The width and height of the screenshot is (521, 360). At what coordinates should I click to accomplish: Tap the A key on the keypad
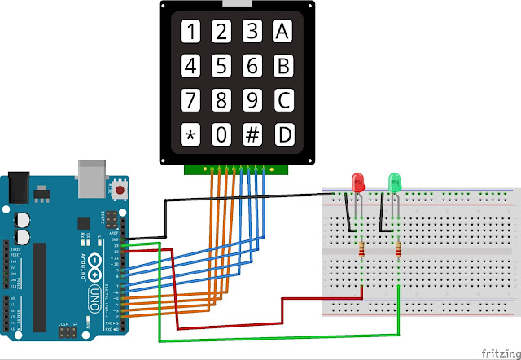[x=282, y=32]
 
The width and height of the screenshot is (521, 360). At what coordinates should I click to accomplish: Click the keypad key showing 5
[x=221, y=65]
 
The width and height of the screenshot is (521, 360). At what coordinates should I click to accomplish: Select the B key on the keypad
[x=282, y=65]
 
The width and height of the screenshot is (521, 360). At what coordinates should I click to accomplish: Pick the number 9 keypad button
[x=252, y=100]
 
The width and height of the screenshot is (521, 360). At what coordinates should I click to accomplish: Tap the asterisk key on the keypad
[x=190, y=134]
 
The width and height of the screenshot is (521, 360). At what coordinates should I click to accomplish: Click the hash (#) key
[x=252, y=134]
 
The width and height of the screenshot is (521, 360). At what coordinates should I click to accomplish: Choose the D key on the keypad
[x=282, y=134]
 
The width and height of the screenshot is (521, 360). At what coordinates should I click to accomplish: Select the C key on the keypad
[x=282, y=100]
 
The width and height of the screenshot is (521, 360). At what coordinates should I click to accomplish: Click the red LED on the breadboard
[x=357, y=182]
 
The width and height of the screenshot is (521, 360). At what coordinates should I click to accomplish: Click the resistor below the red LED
[x=361, y=251]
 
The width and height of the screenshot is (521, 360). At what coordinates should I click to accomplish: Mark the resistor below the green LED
[x=398, y=251]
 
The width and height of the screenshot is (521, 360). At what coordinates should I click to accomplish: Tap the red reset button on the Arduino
[x=121, y=190]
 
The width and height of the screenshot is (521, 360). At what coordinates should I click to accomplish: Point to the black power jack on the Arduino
[x=18, y=187]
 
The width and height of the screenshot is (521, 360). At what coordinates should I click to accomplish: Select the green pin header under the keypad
[x=236, y=169]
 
